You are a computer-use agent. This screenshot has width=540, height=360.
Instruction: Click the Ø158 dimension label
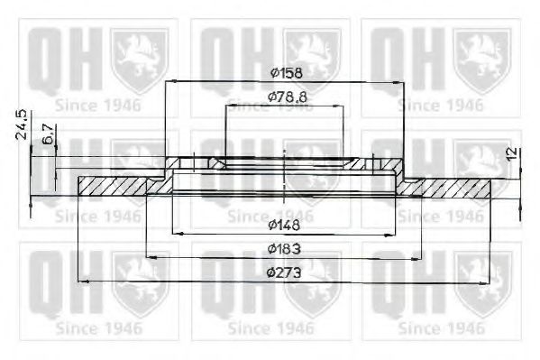click(x=286, y=72)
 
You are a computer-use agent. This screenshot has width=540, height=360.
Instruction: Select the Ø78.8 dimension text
click(x=285, y=96)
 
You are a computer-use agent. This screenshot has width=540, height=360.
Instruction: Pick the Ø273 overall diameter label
click(x=285, y=272)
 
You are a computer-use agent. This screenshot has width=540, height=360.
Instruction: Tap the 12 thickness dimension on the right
click(x=513, y=153)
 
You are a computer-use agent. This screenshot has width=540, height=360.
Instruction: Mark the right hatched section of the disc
click(x=451, y=188)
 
